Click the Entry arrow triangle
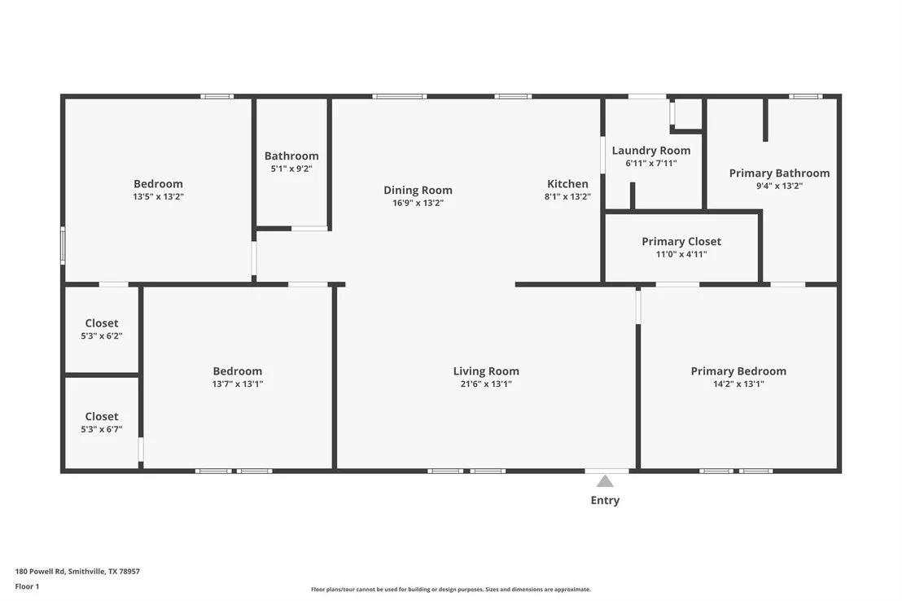pos(605,481)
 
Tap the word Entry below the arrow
pos(605,500)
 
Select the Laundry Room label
pos(651,150)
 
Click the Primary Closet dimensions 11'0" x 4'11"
pos(681,254)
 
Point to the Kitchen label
pos(567,184)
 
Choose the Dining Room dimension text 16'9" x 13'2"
pos(418,203)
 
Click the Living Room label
pos(486,371)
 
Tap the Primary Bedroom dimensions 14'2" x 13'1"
pos(738,384)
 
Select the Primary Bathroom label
pos(779,173)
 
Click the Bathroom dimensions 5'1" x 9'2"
pos(291,169)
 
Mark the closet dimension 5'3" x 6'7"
pos(102,429)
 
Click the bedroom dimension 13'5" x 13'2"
pos(158,196)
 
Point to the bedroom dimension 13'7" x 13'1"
pos(238,384)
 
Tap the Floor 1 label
pos(27,586)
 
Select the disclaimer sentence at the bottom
pos(451,590)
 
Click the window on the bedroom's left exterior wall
pos(63,245)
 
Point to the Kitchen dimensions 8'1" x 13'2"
pos(567,196)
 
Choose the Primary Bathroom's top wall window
pos(805,97)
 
